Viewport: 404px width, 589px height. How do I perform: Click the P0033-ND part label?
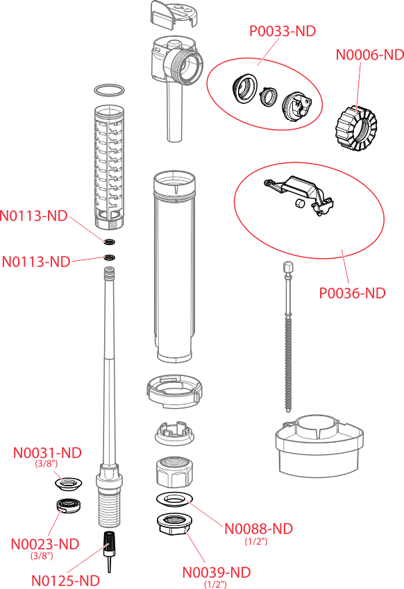(x=283, y=31)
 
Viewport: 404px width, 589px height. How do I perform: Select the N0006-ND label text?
(x=370, y=55)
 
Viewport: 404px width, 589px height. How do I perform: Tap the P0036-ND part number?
(x=352, y=293)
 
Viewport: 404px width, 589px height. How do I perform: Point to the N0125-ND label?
(x=65, y=581)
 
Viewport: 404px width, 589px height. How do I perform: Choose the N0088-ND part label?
(x=258, y=529)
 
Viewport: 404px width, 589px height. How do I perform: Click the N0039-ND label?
(x=217, y=572)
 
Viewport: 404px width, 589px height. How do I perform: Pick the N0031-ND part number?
(x=47, y=452)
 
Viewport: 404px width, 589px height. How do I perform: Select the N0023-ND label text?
(x=45, y=544)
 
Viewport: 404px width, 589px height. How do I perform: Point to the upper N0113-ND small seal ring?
(x=110, y=242)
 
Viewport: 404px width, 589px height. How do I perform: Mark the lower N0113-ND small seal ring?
(x=110, y=257)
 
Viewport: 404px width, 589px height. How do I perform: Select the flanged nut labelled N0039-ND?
(x=174, y=524)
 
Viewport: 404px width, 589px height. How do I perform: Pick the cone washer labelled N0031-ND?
(x=68, y=483)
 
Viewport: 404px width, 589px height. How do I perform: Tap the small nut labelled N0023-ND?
(x=69, y=505)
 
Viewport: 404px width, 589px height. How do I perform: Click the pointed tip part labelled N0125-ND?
(x=109, y=552)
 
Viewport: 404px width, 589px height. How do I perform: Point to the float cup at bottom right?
(x=319, y=446)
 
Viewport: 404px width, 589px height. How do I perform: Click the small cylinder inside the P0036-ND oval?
(x=299, y=203)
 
